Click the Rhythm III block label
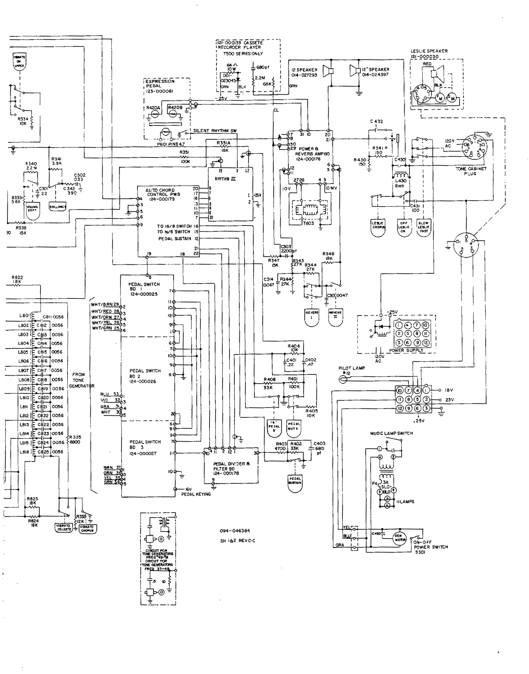(228, 178)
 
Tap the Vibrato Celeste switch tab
(64, 527)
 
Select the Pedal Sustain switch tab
(295, 480)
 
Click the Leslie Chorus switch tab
(379, 225)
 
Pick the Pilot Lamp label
(352, 368)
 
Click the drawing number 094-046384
(235, 530)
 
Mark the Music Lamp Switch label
(392, 433)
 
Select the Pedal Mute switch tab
(294, 426)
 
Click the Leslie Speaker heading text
(429, 54)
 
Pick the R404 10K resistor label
(294, 348)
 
